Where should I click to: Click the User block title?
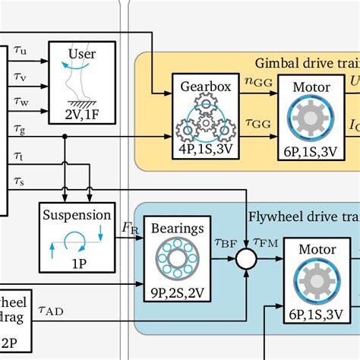tap(81, 54)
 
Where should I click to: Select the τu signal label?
tap(21, 51)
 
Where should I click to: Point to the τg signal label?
tap(21, 130)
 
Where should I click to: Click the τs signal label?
tap(21, 181)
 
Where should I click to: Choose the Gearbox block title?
tap(201, 86)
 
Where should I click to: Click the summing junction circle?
tap(245, 261)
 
